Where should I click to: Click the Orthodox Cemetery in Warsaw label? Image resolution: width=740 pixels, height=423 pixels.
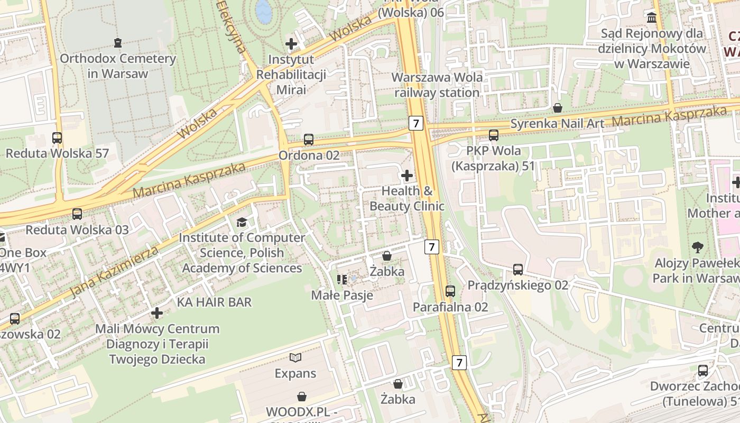pyautogui.click(x=117, y=66)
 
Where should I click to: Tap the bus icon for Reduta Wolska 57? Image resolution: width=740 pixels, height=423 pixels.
pyautogui.click(x=57, y=138)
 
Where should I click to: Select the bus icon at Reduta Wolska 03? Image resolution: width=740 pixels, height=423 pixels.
pyautogui.click(x=77, y=214)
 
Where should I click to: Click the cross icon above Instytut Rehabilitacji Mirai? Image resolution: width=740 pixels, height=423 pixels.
pyautogui.click(x=291, y=43)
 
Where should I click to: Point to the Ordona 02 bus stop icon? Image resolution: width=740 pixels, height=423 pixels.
pyautogui.click(x=309, y=140)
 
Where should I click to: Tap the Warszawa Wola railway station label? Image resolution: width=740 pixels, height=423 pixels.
pyautogui.click(x=437, y=85)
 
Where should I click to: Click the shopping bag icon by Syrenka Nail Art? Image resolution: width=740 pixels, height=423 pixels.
pyautogui.click(x=557, y=108)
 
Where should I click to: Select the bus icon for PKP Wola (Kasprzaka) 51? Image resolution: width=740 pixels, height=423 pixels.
pyautogui.click(x=494, y=135)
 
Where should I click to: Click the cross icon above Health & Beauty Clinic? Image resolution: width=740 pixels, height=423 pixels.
pyautogui.click(x=407, y=175)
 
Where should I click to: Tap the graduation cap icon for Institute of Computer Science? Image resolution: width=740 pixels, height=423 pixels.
pyautogui.click(x=242, y=222)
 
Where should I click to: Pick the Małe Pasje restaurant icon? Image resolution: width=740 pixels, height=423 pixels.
pyautogui.click(x=341, y=279)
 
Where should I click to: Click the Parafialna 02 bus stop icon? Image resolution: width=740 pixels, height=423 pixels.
pyautogui.click(x=450, y=291)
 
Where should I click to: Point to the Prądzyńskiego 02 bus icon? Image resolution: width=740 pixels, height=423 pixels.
pyautogui.click(x=518, y=270)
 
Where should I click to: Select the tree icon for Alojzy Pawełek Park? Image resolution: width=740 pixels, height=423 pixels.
pyautogui.click(x=698, y=247)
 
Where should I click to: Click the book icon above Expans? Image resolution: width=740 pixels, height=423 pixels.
pyautogui.click(x=295, y=358)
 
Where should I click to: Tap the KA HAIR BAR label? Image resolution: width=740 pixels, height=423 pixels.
pyautogui.click(x=214, y=302)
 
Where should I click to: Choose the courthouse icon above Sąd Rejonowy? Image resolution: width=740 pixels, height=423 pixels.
pyautogui.click(x=652, y=18)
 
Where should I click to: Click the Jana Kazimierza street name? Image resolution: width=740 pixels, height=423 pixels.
pyautogui.click(x=114, y=271)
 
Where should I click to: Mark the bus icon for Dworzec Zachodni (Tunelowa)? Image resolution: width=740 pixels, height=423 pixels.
pyautogui.click(x=703, y=371)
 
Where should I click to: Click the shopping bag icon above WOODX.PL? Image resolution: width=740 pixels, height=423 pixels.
pyautogui.click(x=302, y=396)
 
